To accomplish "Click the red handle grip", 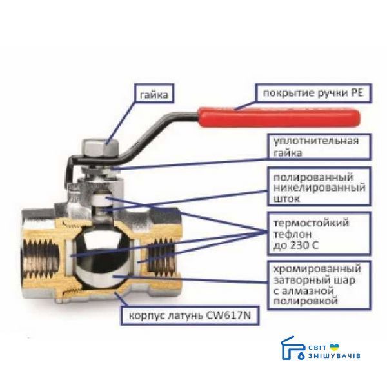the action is click(x=279, y=118).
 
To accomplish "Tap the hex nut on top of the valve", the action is click(x=101, y=148).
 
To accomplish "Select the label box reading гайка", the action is click(x=154, y=93).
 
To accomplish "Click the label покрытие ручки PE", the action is click(x=313, y=93).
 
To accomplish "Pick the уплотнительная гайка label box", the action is click(x=319, y=146).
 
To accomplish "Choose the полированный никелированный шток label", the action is click(x=319, y=187).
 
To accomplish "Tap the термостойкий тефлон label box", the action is click(x=319, y=233).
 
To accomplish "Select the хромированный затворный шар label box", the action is click(x=319, y=285).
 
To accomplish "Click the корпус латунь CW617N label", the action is click(x=190, y=316).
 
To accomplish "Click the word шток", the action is click(x=286, y=199).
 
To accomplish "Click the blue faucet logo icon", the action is click(x=293, y=348).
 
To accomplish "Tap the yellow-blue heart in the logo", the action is click(x=335, y=347).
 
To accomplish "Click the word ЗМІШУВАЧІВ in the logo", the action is click(x=334, y=356).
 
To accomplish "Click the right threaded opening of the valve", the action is click(x=163, y=257).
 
